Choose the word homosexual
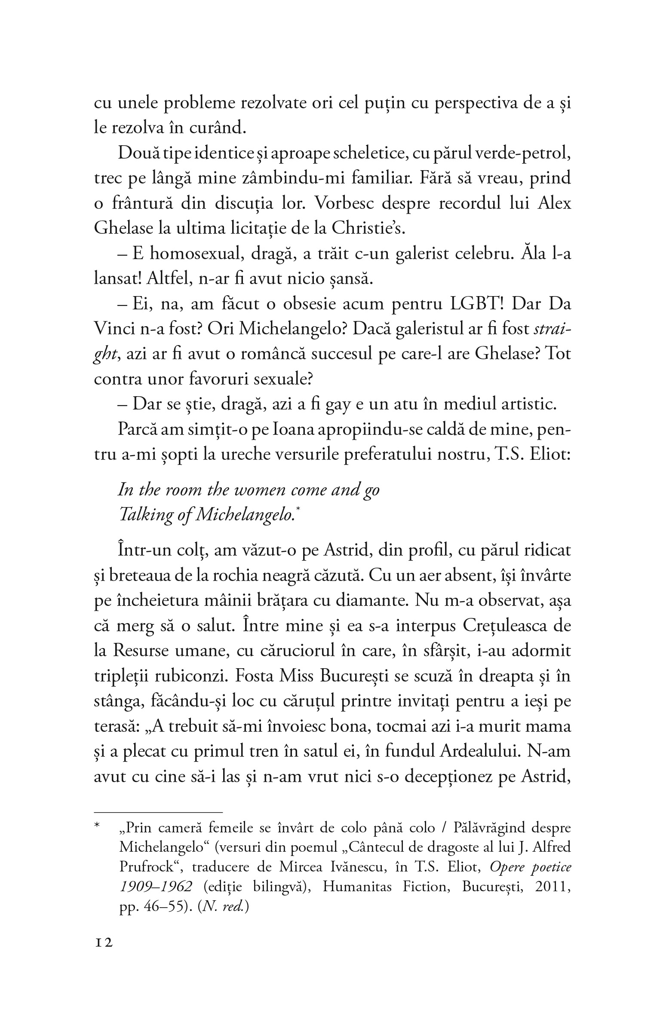coord(183,254)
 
